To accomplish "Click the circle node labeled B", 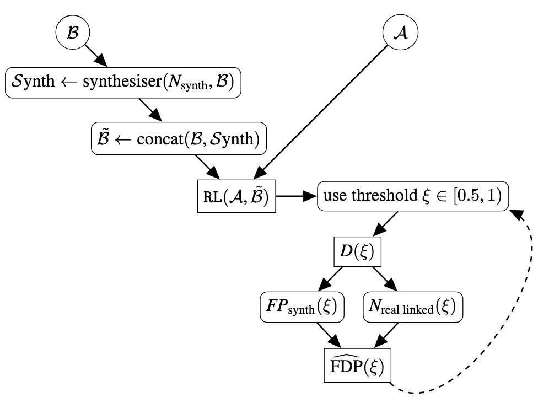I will (73, 33).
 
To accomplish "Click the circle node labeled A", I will (400, 33).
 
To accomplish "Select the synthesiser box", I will (124, 82).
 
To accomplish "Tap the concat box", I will (179, 139).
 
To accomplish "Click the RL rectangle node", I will (236, 196).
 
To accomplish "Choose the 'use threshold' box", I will (412, 196).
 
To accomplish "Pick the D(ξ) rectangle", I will (357, 252).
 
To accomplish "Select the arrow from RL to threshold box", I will (296, 196).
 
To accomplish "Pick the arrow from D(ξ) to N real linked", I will (385, 279).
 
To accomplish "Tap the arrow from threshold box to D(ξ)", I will (386, 224).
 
